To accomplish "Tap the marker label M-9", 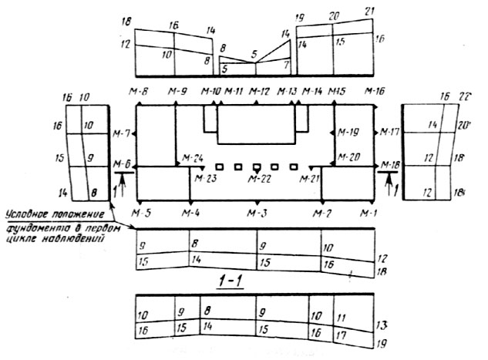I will (x=178, y=93).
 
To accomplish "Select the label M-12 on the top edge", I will (x=260, y=93).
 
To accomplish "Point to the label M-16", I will (x=375, y=93).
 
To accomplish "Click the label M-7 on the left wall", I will (x=122, y=133).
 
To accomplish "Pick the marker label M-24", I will (x=193, y=157).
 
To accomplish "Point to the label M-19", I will (x=349, y=132).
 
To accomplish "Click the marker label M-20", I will (x=349, y=157).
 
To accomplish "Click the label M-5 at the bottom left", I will (x=140, y=212).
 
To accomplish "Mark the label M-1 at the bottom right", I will (x=374, y=212).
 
